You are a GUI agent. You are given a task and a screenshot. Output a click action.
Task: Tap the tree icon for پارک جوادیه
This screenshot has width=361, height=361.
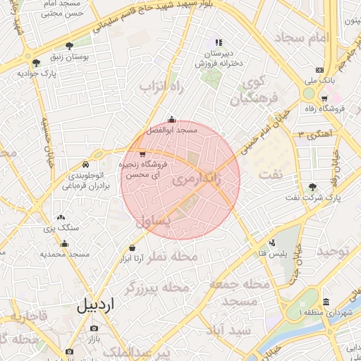[x=36, y=63]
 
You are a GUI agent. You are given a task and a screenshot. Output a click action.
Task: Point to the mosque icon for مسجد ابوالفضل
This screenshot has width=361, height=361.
[x=172, y=120]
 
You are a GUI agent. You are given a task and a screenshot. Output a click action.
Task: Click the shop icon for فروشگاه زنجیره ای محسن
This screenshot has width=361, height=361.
[x=142, y=154]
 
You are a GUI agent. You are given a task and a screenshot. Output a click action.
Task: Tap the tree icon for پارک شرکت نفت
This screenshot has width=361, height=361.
[x=312, y=187]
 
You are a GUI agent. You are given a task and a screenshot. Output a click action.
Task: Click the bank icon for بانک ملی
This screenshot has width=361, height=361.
[x=319, y=71]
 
